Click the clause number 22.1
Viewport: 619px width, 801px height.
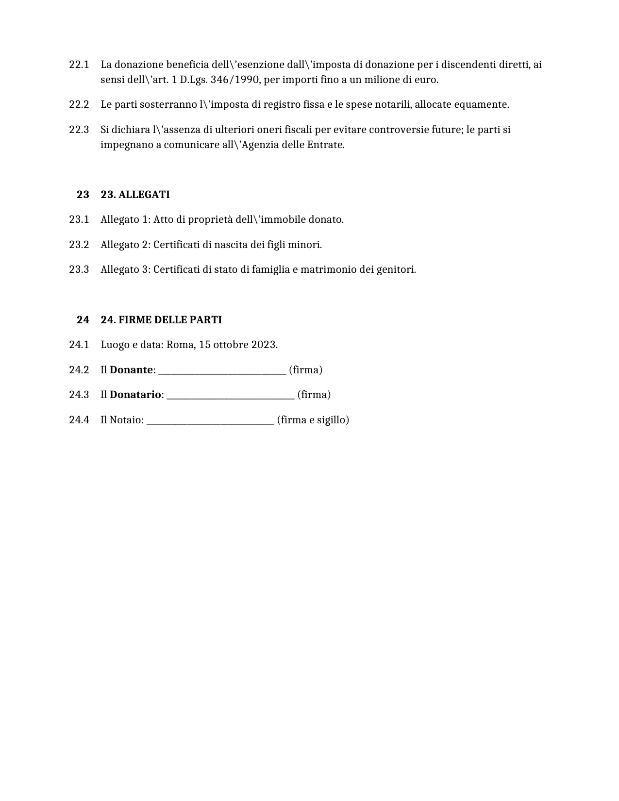79,65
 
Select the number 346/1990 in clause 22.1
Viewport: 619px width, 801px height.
235,80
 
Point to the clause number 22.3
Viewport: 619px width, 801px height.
79,130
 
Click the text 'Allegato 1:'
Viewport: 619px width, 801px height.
126,219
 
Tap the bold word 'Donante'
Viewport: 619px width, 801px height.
131,370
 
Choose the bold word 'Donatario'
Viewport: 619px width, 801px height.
135,395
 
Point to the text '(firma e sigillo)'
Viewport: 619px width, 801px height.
313,420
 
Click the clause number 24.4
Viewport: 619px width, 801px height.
79,420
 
